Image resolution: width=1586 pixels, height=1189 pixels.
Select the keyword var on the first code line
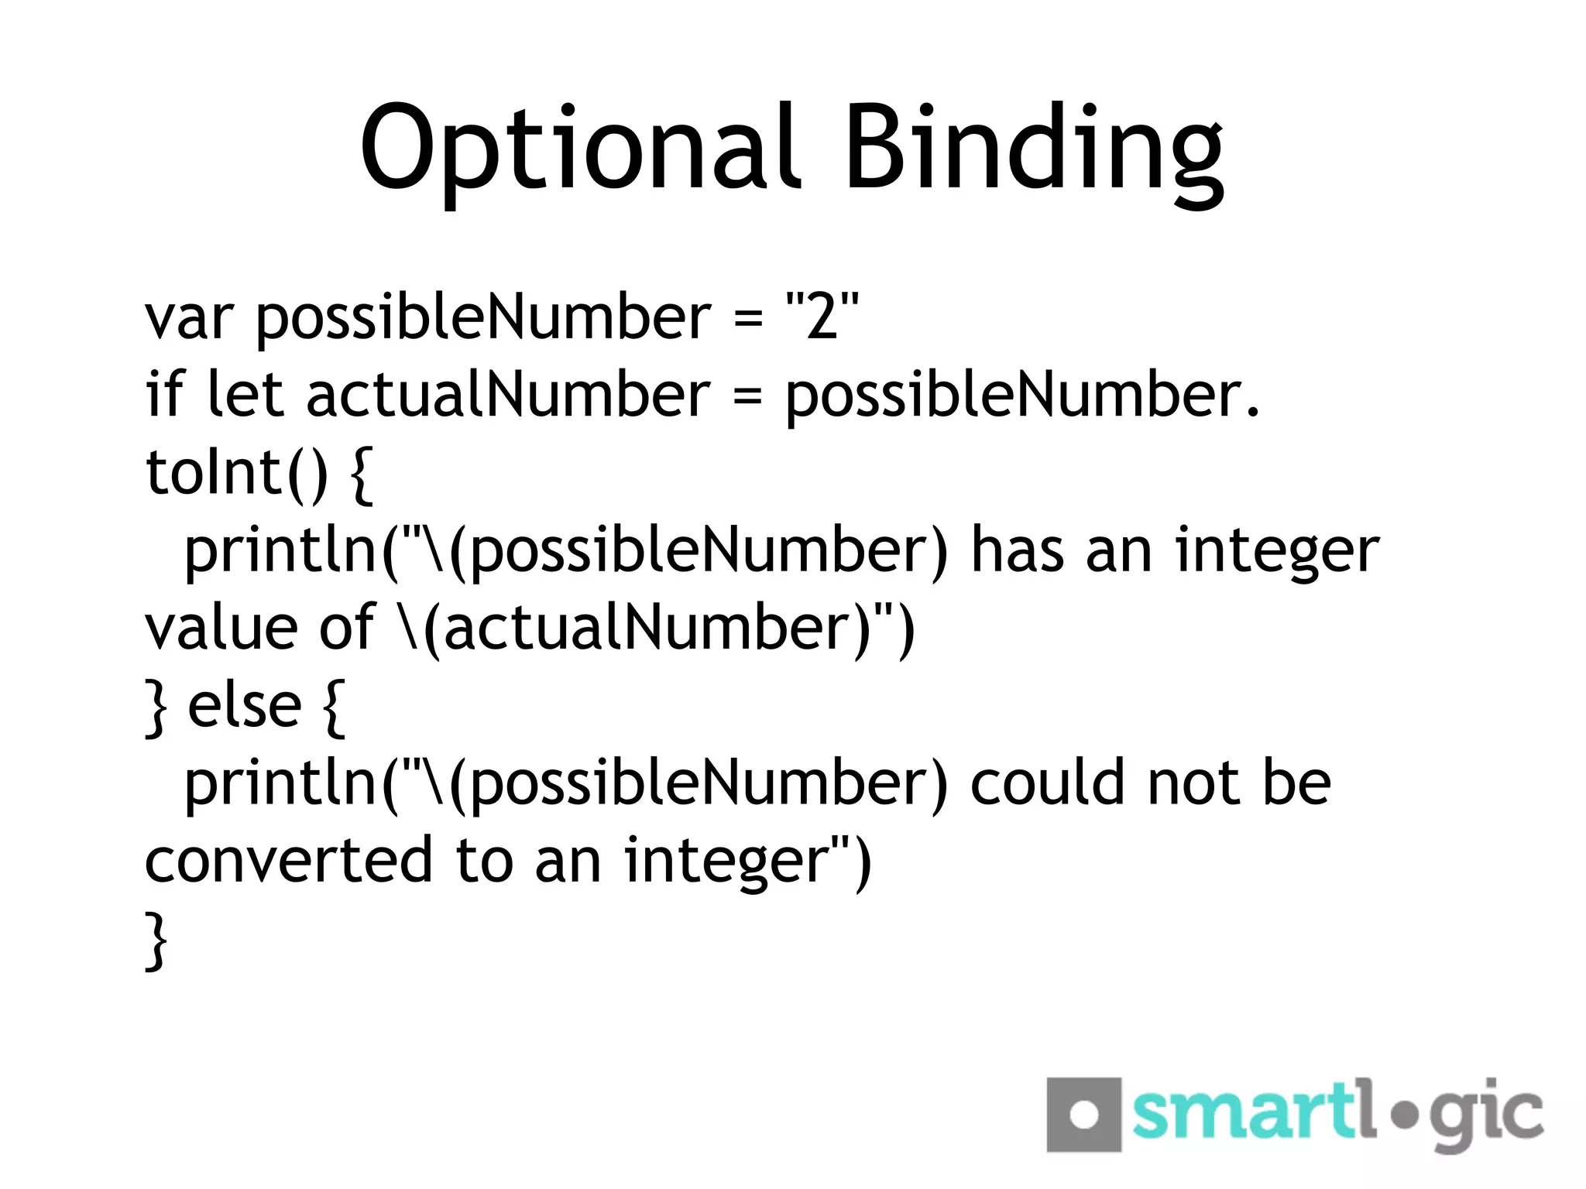188,318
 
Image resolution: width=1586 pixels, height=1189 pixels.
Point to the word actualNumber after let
508,394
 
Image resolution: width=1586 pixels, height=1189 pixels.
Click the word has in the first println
1017,550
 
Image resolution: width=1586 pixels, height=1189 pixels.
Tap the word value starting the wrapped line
221,628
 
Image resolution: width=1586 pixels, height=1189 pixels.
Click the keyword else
245,705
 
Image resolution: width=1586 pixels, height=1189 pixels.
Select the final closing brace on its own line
156,940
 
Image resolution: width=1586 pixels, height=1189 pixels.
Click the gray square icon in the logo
1083,1114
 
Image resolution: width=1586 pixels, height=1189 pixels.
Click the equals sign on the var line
747,318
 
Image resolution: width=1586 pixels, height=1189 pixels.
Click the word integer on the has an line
1277,551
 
